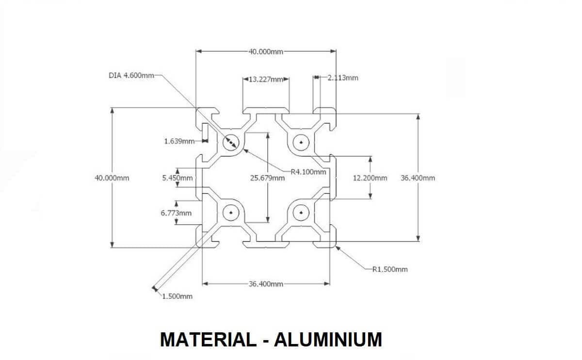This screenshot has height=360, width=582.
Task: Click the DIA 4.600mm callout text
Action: click(x=131, y=76)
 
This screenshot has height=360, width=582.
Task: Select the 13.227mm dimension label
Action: click(x=265, y=79)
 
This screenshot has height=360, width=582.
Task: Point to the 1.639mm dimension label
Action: click(x=179, y=141)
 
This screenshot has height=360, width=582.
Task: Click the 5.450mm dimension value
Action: click(x=177, y=178)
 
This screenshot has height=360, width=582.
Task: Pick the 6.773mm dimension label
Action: click(x=176, y=213)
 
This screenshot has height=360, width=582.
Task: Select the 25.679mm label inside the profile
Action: click(x=267, y=178)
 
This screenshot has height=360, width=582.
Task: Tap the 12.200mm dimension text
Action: click(x=370, y=178)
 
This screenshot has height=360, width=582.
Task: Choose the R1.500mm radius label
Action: click(x=390, y=269)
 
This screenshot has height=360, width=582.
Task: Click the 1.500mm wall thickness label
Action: click(x=177, y=296)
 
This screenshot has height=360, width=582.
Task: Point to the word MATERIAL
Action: click(x=207, y=340)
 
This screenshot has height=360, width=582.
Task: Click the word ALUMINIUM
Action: click(x=328, y=340)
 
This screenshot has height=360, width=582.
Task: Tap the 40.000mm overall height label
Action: click(x=112, y=178)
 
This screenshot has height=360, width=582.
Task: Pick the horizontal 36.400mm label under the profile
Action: click(x=266, y=284)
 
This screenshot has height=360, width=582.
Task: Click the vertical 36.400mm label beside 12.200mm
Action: click(x=418, y=178)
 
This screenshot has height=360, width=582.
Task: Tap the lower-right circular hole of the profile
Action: click(x=301, y=212)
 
